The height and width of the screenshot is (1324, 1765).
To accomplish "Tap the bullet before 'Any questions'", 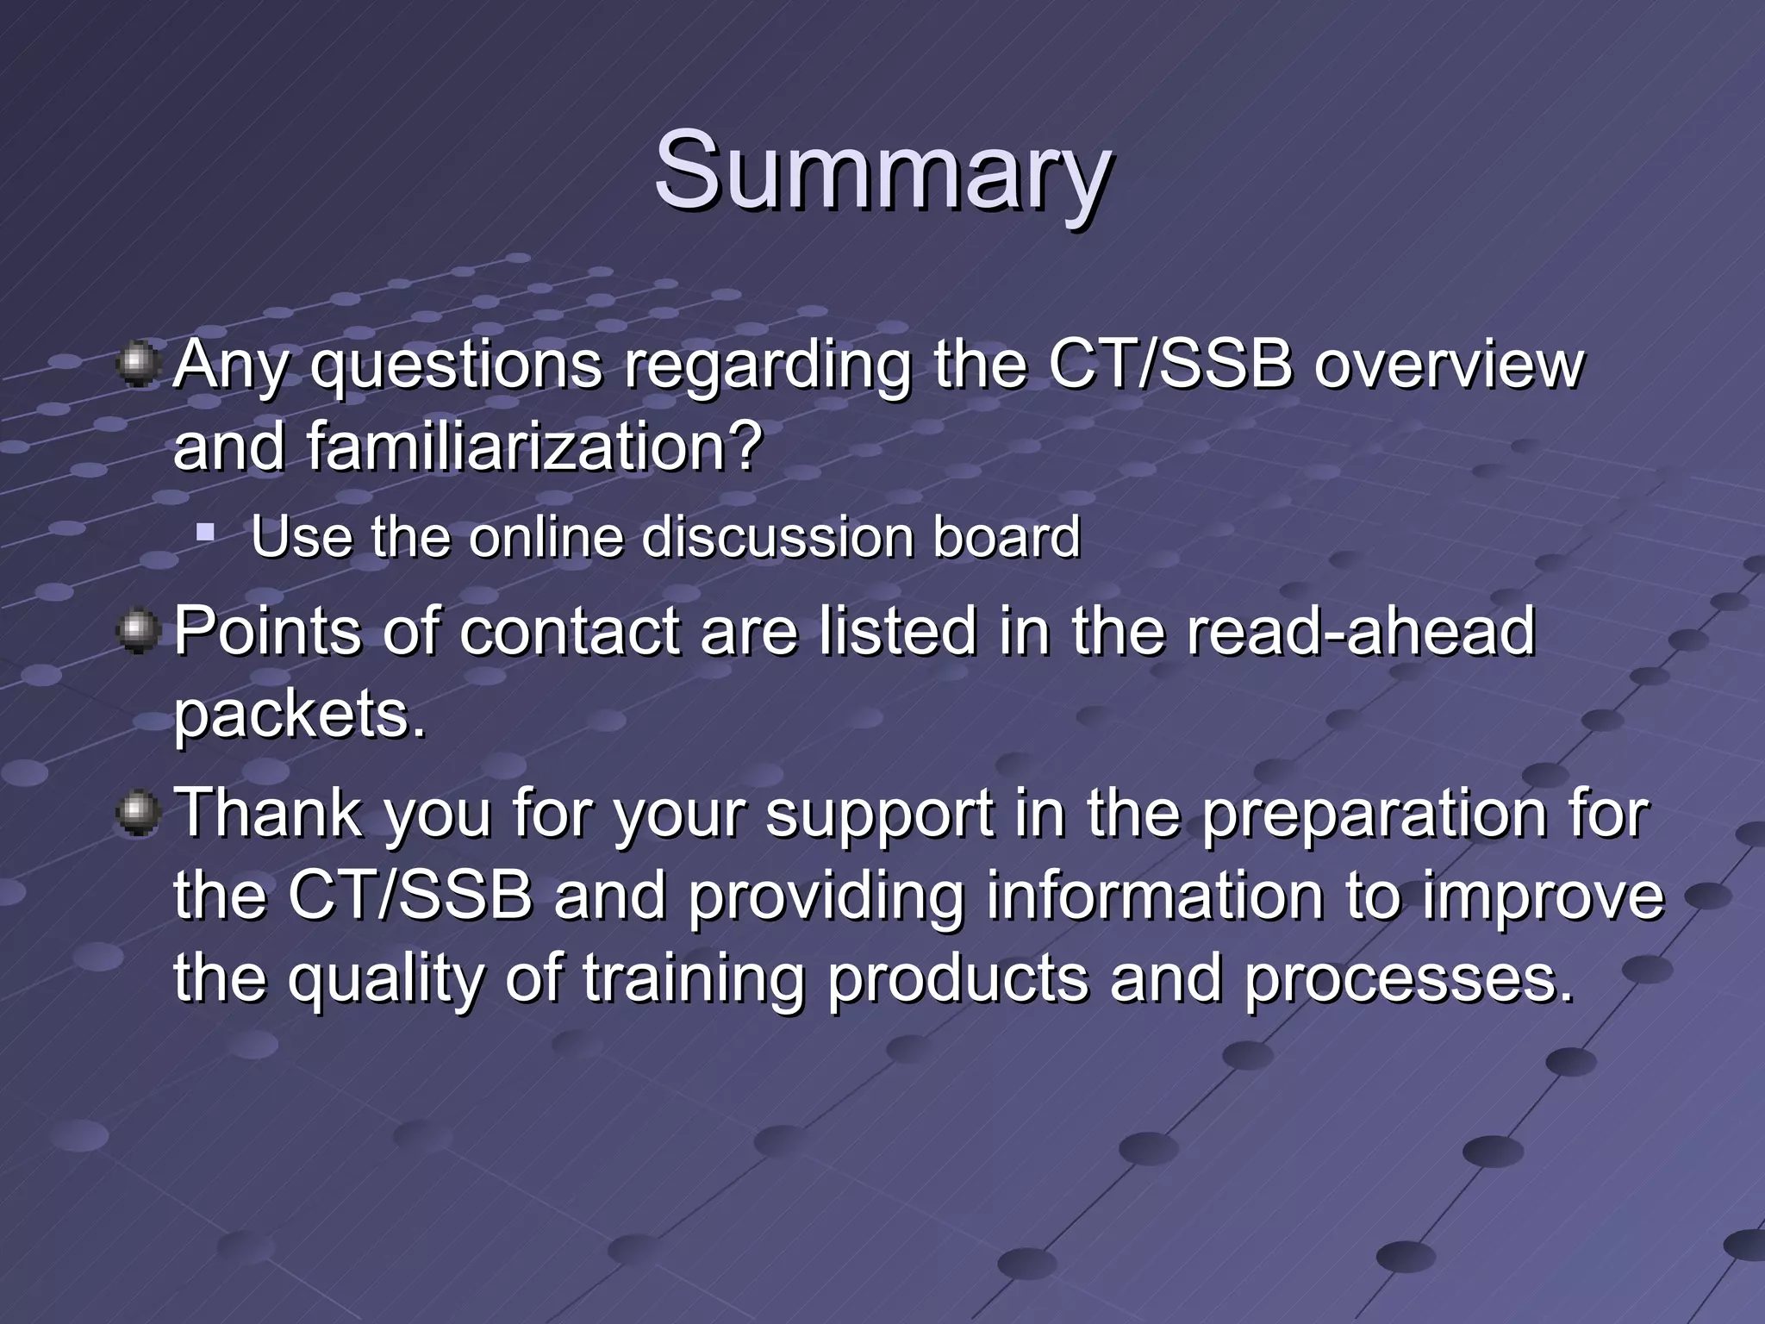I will [137, 365].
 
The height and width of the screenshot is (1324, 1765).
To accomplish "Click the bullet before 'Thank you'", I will [137, 814].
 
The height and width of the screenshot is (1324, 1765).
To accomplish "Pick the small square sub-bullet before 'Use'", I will [205, 532].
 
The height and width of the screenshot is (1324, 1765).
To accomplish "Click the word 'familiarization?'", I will [534, 447].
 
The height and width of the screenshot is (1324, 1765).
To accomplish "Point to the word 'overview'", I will [1449, 365].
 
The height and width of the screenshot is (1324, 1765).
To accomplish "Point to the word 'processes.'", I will [1410, 980].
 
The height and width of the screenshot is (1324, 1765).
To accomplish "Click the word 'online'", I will [545, 537].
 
